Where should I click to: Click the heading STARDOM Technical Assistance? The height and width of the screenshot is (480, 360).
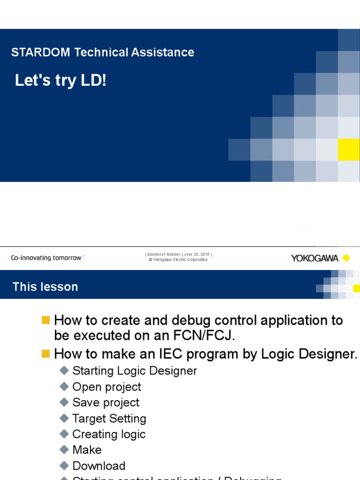103,52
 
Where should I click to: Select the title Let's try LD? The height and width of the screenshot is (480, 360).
61,81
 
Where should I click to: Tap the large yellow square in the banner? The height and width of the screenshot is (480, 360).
349,150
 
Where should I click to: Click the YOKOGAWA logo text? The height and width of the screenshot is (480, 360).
315,258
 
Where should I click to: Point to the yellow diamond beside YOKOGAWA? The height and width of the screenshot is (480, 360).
346,258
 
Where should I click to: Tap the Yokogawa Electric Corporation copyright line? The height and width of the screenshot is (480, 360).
178,260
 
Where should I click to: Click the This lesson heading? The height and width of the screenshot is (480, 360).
45,286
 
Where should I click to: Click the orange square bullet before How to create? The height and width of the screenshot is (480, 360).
45,320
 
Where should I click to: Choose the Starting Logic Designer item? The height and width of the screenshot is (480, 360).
135,371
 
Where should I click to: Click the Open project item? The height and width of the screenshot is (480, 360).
106,387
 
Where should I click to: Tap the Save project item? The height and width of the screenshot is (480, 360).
105,403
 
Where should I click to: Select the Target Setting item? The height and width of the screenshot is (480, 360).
109,419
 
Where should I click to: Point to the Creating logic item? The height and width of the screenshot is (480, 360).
109,434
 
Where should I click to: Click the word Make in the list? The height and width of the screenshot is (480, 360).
87,450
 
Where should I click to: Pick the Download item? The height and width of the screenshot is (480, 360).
99,466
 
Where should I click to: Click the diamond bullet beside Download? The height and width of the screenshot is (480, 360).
64,466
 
